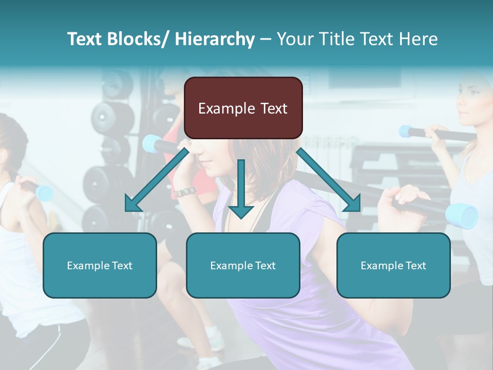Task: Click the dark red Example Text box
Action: pos(243,108)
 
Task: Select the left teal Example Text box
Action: pos(100,265)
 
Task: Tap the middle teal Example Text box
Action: pos(243,265)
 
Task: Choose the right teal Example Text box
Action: pos(393,265)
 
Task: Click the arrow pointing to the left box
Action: pos(154,180)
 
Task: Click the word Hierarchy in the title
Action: pos(215,39)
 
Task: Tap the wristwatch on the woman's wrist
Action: pos(185,192)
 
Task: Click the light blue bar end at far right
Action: pos(462,215)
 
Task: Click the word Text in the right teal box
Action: pos(416,265)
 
